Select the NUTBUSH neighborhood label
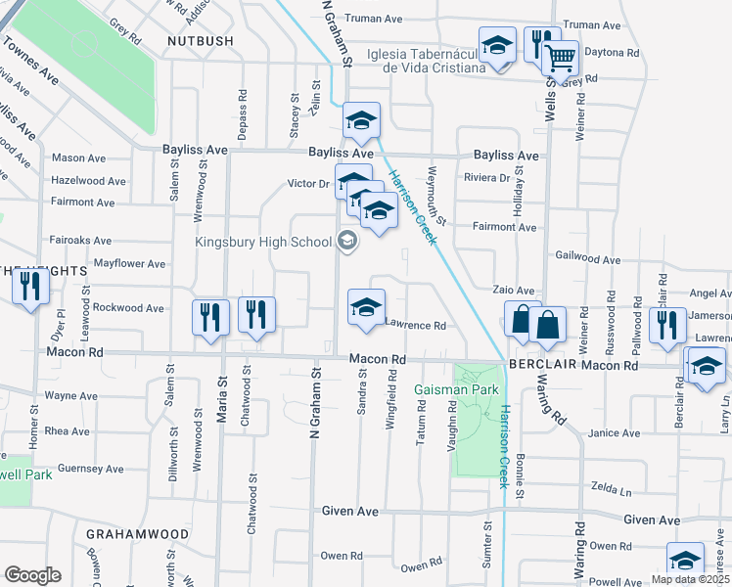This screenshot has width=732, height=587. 201,41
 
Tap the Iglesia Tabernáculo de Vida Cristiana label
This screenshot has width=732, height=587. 427,61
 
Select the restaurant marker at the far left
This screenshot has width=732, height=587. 30,286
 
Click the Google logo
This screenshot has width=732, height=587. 32,574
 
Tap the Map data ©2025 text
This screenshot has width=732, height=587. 690,579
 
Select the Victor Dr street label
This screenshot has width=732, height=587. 307,184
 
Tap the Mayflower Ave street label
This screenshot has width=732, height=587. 129,264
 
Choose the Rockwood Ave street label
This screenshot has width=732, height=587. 128,308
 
